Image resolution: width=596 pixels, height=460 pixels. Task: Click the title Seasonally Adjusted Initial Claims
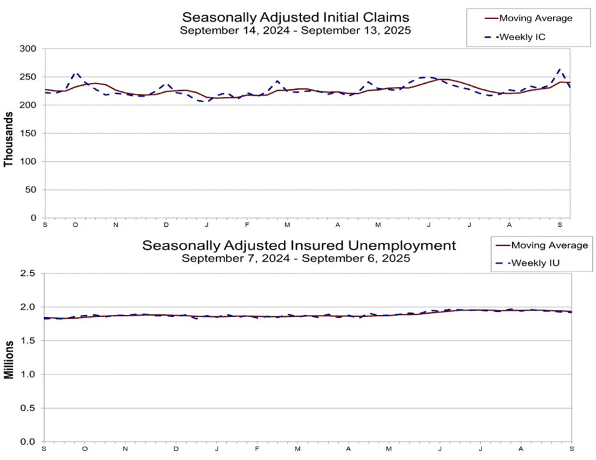tap(295, 17)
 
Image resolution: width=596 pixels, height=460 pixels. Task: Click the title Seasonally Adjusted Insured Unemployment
tap(299, 245)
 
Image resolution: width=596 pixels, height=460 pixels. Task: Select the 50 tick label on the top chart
tap(31, 190)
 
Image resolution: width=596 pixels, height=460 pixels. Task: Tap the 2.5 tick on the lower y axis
tap(27, 273)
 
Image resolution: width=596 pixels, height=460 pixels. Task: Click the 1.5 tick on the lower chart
tap(27, 341)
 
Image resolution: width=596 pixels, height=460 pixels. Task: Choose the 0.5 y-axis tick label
tap(27, 408)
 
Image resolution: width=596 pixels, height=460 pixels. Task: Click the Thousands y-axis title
tap(8, 139)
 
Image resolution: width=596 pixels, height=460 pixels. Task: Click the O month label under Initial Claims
tap(75, 225)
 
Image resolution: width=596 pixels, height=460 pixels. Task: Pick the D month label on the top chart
tap(166, 225)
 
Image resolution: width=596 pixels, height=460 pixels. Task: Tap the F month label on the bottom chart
tap(257, 449)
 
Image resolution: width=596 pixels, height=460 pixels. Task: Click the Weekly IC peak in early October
tap(75, 73)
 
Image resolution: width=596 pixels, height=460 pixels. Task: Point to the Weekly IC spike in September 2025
tap(560, 69)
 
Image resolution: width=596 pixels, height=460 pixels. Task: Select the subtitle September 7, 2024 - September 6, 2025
tap(295, 258)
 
